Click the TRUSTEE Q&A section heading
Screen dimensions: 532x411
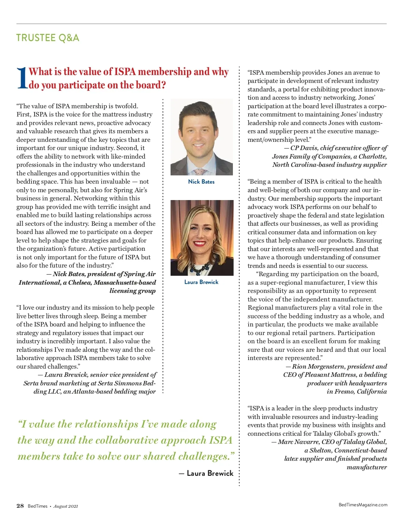(x=48, y=38)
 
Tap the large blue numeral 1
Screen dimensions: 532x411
(x=22, y=78)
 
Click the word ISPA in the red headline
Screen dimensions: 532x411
(x=125, y=72)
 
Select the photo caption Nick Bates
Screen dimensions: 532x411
(x=201, y=182)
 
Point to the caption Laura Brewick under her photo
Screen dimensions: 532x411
(x=201, y=282)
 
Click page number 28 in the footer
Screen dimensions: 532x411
(x=20, y=506)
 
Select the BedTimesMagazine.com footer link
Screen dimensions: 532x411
(x=363, y=505)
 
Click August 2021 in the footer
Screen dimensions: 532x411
(x=66, y=506)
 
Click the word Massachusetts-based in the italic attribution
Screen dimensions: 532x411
(x=125, y=283)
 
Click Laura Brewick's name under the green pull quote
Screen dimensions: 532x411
(x=210, y=473)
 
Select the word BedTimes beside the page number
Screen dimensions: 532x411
(x=38, y=506)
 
